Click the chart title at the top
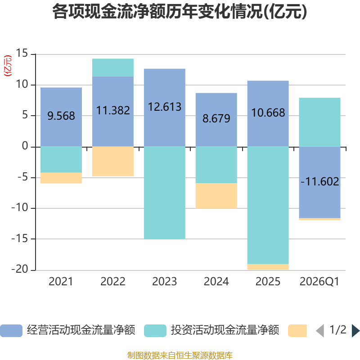pos(180,12)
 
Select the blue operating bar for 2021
pos(61,117)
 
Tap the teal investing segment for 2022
pos(113,67)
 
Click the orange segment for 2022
pos(113,162)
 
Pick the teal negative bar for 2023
pos(165,193)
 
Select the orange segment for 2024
pos(216,196)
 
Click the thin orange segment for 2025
pos(268,267)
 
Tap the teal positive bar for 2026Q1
pos(319,122)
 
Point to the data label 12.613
pos(165,107)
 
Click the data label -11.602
pos(320,181)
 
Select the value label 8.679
pos(216,118)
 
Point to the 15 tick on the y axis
pos(22,53)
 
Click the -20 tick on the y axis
pos(20,269)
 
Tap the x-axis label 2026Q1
pos(319,282)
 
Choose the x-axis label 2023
pos(165,282)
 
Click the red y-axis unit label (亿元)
pos(8,66)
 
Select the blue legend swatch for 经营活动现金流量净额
pos(11,331)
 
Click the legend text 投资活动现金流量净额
pos(225,330)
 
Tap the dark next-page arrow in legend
pos(355,331)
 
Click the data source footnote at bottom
pos(180,355)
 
